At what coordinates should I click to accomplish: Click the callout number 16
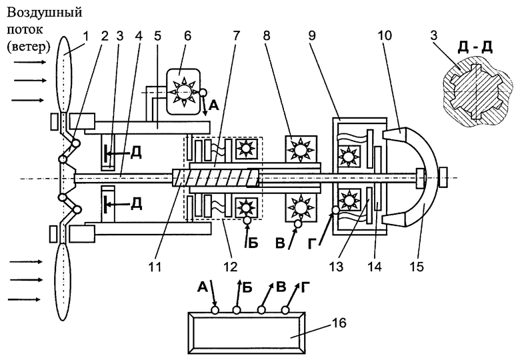tap(339, 323)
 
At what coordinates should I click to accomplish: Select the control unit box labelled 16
tap(247, 333)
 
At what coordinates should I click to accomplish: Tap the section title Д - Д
tap(475, 47)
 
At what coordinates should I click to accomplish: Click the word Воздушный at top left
tap(44, 13)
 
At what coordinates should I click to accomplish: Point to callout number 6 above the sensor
tap(188, 35)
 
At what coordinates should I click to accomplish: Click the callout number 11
tap(155, 267)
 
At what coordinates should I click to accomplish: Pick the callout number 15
tap(417, 267)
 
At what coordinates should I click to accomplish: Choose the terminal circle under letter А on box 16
tap(215, 310)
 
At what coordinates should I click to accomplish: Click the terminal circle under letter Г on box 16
tap(285, 310)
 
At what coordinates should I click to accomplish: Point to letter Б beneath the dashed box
tap(253, 243)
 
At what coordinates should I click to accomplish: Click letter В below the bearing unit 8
tap(281, 243)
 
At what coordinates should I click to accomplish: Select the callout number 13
tap(336, 267)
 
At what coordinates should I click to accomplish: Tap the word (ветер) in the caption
tap(29, 47)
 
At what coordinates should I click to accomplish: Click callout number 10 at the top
tap(385, 35)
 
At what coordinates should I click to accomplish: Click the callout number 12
tap(231, 267)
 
